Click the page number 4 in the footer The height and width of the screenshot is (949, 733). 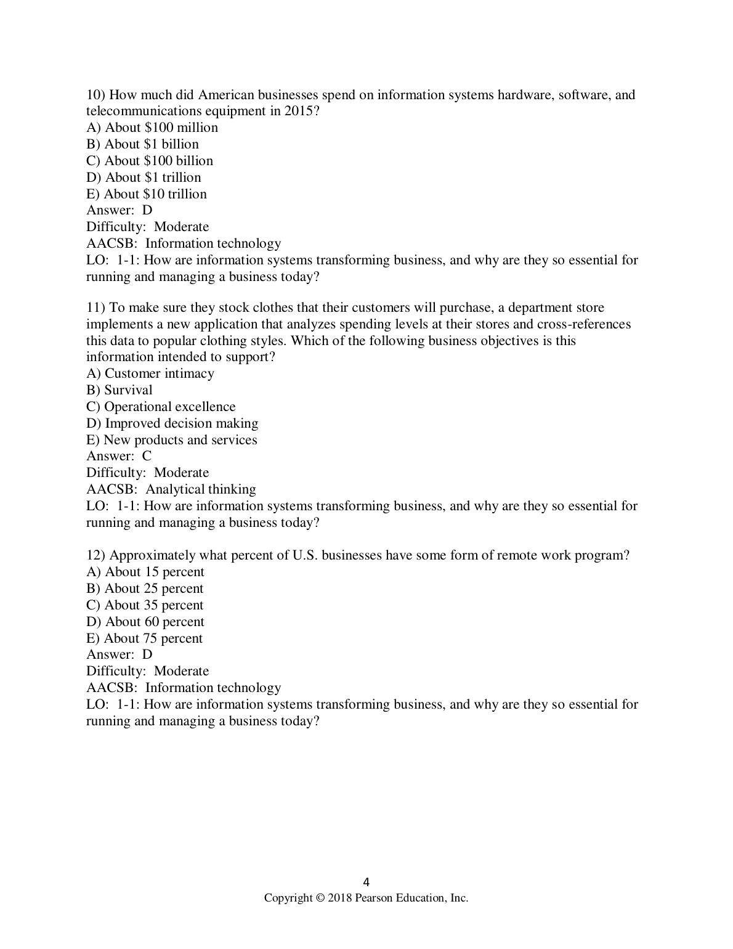[x=366, y=882]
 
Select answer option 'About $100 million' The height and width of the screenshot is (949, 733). [x=152, y=128]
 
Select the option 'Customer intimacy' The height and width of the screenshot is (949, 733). [x=150, y=373]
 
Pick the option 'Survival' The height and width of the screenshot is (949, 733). [x=119, y=390]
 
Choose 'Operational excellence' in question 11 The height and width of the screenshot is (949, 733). [x=161, y=407]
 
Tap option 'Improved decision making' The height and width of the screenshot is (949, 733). [x=172, y=423]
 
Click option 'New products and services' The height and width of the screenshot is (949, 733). [x=172, y=440]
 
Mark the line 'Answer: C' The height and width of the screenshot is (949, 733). [x=119, y=456]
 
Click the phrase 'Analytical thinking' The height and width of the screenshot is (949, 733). [x=201, y=489]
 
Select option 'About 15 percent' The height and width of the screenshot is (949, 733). [x=145, y=572]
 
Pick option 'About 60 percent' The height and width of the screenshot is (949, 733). [x=145, y=622]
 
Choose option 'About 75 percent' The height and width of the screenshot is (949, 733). [x=144, y=638]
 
